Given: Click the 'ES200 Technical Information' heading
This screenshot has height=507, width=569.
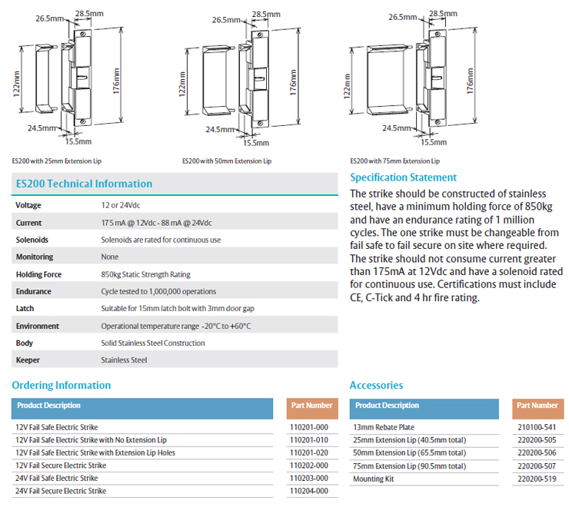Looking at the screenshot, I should click(84, 184).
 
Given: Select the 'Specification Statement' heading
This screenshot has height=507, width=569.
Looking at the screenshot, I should click(403, 177).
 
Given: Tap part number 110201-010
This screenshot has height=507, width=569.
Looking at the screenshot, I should click(309, 440).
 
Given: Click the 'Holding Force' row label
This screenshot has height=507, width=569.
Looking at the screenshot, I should click(38, 274).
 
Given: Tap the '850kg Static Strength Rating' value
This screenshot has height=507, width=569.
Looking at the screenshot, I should click(145, 274).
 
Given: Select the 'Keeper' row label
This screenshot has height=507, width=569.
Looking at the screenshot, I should click(28, 360).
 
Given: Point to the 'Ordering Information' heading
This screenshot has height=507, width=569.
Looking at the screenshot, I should click(62, 385).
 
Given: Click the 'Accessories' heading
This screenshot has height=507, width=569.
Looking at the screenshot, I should click(376, 385).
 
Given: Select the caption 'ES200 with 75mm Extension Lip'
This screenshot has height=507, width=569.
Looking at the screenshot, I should click(394, 161).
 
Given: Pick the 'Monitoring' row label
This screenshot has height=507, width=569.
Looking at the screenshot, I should click(35, 257).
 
